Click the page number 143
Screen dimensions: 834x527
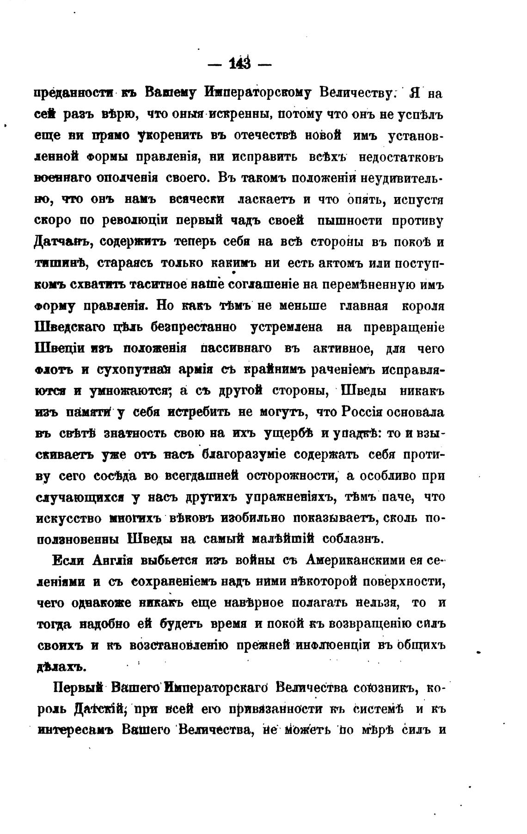(239, 64)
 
